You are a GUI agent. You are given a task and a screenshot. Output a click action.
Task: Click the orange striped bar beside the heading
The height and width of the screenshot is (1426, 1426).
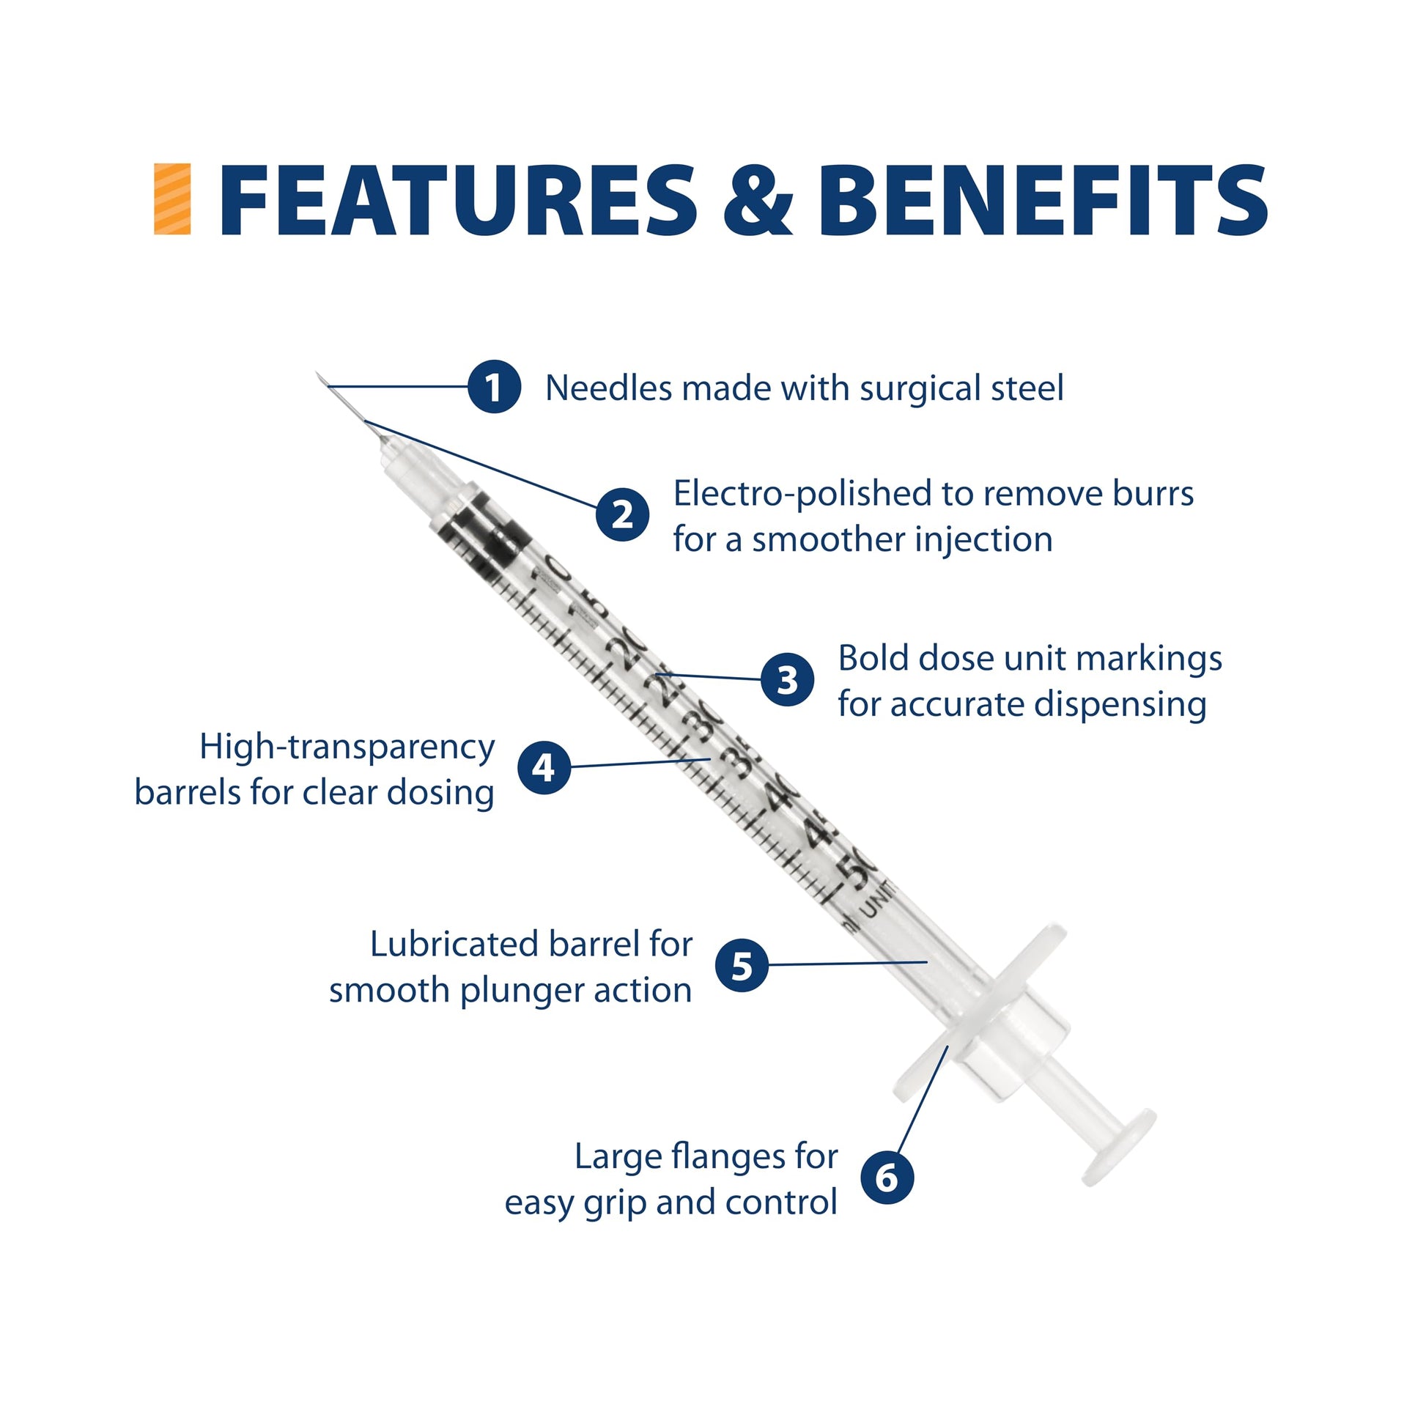tap(172, 199)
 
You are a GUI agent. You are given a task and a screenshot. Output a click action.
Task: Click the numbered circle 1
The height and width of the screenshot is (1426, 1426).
tap(495, 387)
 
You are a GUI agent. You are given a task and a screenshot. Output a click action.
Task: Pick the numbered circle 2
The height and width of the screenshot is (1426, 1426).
tap(623, 514)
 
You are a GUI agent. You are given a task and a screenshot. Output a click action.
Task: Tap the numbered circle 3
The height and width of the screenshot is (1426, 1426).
tap(788, 679)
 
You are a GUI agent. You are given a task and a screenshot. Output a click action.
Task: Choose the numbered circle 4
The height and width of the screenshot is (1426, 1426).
tap(544, 768)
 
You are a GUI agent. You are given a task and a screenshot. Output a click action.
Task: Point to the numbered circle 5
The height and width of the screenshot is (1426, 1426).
tap(742, 964)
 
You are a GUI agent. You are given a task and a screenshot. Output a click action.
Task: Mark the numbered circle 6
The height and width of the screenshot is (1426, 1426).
tap(887, 1178)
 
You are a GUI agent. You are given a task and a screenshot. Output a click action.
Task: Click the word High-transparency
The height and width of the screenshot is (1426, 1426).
tap(347, 748)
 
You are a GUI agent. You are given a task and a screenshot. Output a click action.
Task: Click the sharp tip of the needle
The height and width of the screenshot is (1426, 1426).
tap(317, 374)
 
